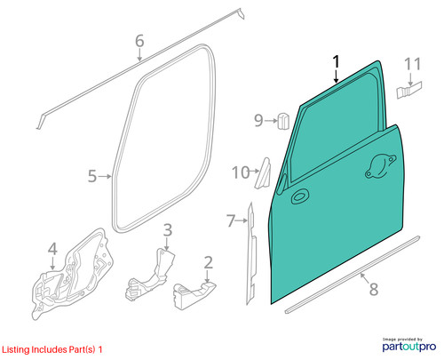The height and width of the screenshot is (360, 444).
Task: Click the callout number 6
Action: pos(139,41)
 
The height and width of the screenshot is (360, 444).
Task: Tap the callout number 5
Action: pos(92,176)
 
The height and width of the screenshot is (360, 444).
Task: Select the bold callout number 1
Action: pos(337,61)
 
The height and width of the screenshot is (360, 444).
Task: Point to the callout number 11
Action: pos(413,64)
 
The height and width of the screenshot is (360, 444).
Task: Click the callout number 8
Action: pos(374,289)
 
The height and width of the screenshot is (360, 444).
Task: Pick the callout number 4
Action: pos(52,249)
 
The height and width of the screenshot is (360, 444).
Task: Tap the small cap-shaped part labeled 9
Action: pos(283,121)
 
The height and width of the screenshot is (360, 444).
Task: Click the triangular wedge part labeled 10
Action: pos(263,173)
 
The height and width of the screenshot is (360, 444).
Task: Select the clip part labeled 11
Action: pos(409,90)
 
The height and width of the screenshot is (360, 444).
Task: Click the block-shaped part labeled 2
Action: pos(194,295)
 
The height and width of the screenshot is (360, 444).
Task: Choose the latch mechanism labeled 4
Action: pos(73,274)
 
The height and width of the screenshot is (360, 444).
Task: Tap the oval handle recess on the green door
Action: pos(300,196)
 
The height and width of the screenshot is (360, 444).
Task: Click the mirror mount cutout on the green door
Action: pos(381,166)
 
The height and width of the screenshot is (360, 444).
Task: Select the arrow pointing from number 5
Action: pos(105,176)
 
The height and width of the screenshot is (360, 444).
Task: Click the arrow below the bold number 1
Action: pos(337,76)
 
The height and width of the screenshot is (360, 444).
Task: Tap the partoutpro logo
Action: pos(409,345)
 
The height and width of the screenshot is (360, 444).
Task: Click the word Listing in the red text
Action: pos(16,350)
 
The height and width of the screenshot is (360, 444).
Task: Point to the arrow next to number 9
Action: pos(271,121)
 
